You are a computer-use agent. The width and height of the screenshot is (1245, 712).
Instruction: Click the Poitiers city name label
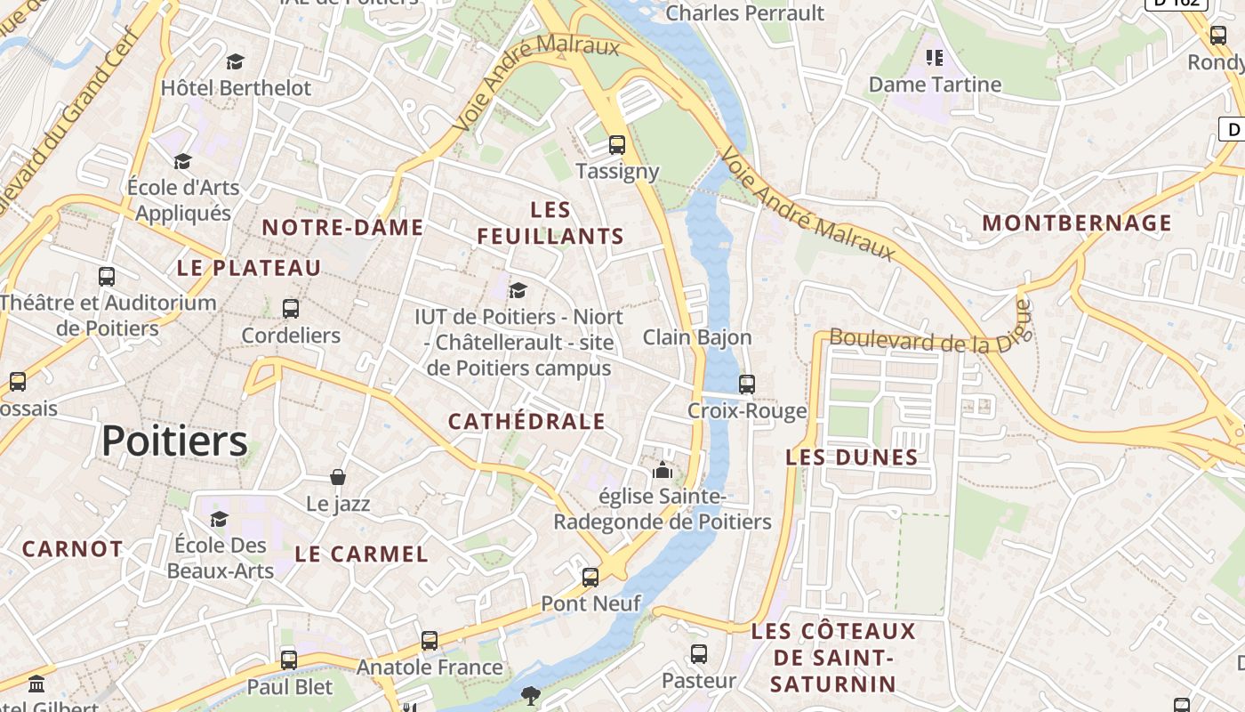tap(174, 441)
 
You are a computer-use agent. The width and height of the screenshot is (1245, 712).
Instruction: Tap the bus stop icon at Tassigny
tap(616, 144)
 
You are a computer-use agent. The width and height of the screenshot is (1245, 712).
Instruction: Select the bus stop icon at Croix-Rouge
tap(747, 384)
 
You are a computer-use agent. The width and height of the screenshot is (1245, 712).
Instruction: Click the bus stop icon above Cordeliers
tap(291, 309)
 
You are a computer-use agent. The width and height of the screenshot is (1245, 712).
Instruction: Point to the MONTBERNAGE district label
tap(1077, 222)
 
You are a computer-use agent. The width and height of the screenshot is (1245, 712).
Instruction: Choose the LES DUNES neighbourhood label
tap(852, 457)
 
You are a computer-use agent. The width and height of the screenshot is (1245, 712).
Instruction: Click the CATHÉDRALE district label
tap(526, 422)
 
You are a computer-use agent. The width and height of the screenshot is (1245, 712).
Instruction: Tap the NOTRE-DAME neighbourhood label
tap(342, 228)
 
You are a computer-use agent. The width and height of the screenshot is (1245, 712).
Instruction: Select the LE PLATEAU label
tap(249, 268)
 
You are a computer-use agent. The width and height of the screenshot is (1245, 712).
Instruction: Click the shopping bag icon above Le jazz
tap(338, 477)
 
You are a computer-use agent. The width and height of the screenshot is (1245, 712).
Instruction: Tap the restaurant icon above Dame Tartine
tap(935, 58)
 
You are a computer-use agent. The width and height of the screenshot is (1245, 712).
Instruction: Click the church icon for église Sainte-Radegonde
tap(662, 470)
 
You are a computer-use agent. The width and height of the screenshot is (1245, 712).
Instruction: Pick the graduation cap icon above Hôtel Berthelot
tap(235, 61)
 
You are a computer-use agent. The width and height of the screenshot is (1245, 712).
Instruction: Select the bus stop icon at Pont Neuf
tap(590, 577)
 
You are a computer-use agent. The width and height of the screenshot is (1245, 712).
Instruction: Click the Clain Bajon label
tap(697, 337)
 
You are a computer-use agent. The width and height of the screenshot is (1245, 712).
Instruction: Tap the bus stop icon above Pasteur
tap(699, 654)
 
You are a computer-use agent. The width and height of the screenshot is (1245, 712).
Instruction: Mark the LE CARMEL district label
tap(361, 554)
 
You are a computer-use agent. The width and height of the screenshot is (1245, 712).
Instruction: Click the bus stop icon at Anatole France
tap(430, 640)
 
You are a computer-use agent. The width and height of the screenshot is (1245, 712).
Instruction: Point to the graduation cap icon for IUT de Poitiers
tap(518, 290)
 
